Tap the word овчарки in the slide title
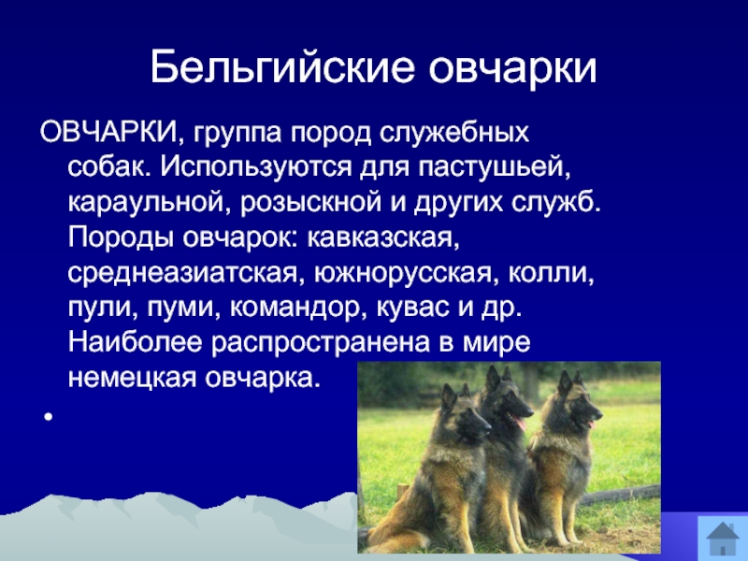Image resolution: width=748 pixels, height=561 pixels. [512, 67]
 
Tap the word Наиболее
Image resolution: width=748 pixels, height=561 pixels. [135, 343]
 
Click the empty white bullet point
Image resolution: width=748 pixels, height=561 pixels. [49, 417]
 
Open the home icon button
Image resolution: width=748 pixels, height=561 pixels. [722, 538]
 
